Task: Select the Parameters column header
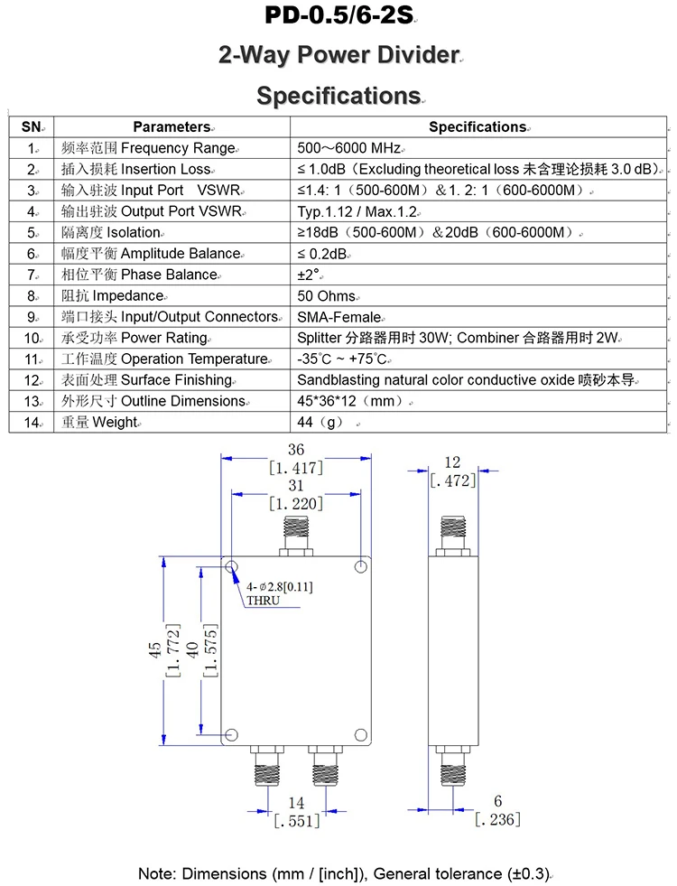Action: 172,127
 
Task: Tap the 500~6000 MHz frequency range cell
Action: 348,148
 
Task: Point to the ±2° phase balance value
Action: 310,275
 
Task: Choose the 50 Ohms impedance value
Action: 326,295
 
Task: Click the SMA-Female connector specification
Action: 338,317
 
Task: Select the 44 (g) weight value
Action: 320,422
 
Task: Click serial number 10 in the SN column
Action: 32,338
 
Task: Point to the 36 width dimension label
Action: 296,449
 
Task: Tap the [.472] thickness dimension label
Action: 452,481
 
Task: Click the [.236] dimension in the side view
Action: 497,819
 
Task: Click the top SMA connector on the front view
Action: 296,536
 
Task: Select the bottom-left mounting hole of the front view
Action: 232,734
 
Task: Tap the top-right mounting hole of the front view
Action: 361,567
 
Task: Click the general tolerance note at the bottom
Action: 344,873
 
